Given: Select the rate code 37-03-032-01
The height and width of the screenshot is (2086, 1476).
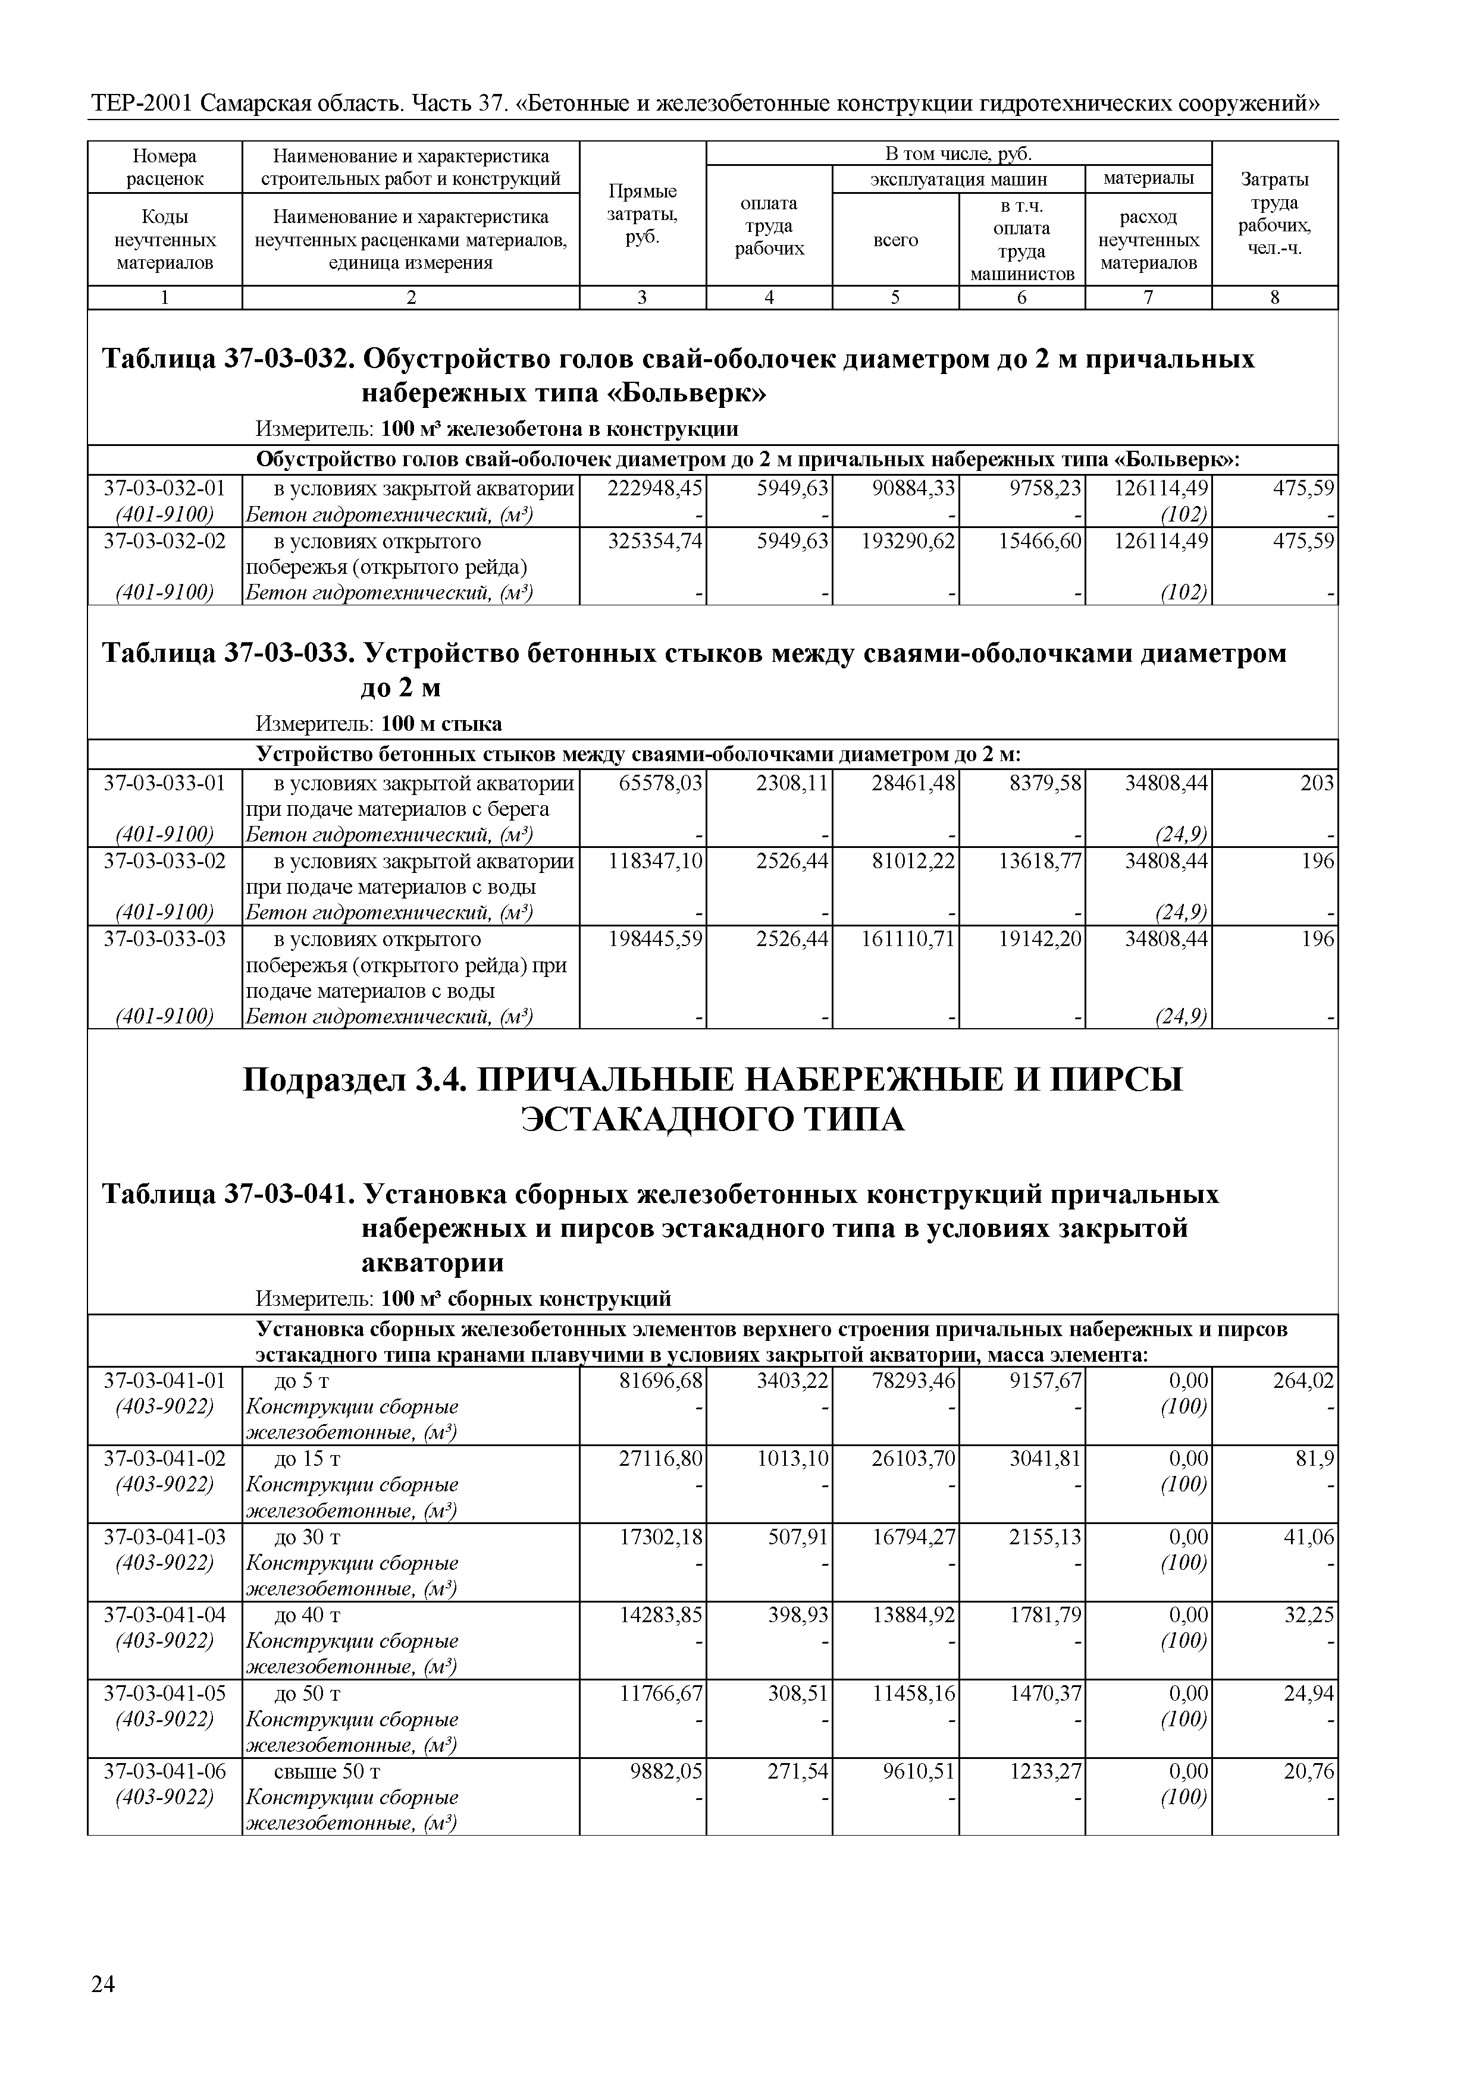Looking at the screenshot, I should pyautogui.click(x=165, y=489).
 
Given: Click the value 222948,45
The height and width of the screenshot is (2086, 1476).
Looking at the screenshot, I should pyautogui.click(x=654, y=489).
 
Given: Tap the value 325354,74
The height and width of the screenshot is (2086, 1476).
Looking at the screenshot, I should pyautogui.click(x=654, y=542).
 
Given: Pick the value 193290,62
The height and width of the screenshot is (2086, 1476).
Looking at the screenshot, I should pyautogui.click(x=908, y=542).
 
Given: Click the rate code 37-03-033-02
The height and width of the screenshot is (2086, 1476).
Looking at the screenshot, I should pyautogui.click(x=165, y=860).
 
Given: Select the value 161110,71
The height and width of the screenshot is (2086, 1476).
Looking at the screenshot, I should pyautogui.click(x=908, y=938).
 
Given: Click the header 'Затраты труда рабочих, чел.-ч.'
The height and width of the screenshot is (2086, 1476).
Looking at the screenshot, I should pyautogui.click(x=1274, y=213).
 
